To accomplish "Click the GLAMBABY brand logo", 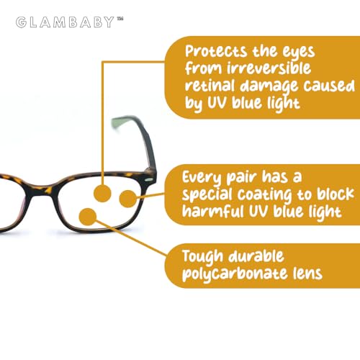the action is coord(70,22).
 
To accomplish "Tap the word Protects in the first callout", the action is coord(216,51).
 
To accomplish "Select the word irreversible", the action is coord(269,68).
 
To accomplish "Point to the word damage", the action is coord(269,86).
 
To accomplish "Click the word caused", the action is coord(329,86).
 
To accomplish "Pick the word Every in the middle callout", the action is coord(202,178).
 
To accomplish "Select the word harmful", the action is coord(213,211).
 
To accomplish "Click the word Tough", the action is coord(203,257).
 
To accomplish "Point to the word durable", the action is coord(256,256).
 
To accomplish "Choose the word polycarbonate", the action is coord(235,274).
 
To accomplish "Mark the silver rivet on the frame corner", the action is coord(150,179).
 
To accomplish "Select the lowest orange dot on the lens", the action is coord(88,217).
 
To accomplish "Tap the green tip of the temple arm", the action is coord(118,122).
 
